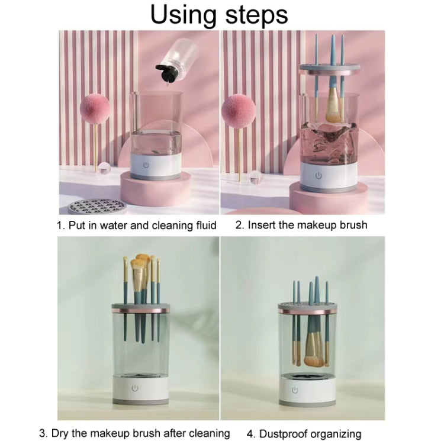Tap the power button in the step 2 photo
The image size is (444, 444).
pyautogui.click(x=318, y=176)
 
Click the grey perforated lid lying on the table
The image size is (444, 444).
pyautogui.click(x=96, y=207)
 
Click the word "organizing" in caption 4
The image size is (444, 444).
pyautogui.click(x=336, y=434)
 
